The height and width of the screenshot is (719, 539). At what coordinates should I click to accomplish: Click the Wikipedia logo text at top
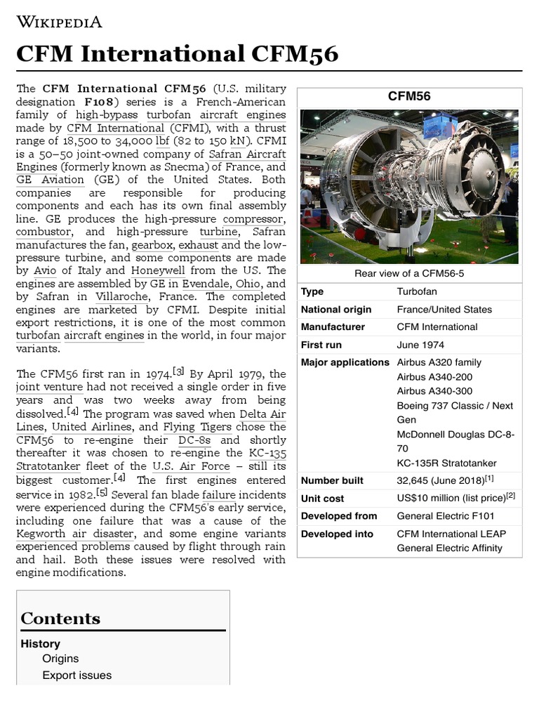point(60,22)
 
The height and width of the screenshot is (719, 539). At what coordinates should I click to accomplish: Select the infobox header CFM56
point(409,96)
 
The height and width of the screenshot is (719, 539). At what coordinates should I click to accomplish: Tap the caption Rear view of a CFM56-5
point(409,273)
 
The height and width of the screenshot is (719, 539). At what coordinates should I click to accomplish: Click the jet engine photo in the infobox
point(409,186)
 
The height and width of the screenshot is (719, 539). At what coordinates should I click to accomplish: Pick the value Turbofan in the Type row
point(416,291)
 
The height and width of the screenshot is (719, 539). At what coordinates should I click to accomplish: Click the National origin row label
point(336,309)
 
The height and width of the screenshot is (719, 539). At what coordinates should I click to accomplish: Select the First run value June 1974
point(420,345)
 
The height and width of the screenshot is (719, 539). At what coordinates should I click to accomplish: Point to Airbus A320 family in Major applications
point(439,362)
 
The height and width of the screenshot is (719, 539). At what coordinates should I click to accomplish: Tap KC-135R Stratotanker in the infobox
point(446,463)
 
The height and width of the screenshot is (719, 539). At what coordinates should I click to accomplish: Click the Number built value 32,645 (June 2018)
point(440,480)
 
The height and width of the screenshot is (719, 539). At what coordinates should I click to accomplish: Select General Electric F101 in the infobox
point(445,515)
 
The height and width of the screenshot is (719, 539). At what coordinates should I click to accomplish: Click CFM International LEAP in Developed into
point(451,534)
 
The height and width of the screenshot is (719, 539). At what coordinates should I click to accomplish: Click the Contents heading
point(60,619)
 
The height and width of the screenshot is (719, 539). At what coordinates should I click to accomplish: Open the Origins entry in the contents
point(60,659)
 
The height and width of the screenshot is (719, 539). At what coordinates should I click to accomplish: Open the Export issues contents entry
point(76,675)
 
